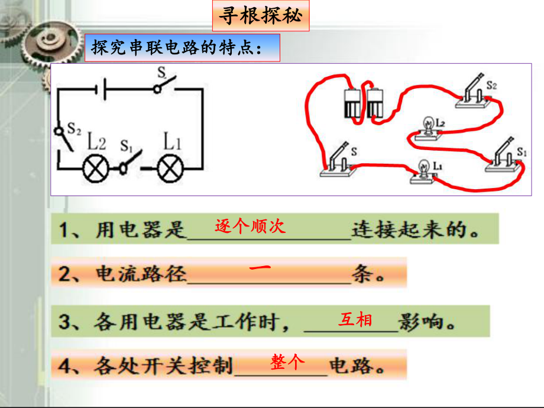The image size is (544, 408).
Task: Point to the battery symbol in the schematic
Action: pyautogui.click(x=102, y=90)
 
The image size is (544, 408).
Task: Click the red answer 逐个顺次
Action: pyautogui.click(x=250, y=226)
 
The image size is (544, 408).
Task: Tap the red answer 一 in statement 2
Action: pyautogui.click(x=260, y=268)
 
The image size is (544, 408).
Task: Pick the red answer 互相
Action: pyautogui.click(x=355, y=320)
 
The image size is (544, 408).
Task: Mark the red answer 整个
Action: pyautogui.click(x=288, y=361)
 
